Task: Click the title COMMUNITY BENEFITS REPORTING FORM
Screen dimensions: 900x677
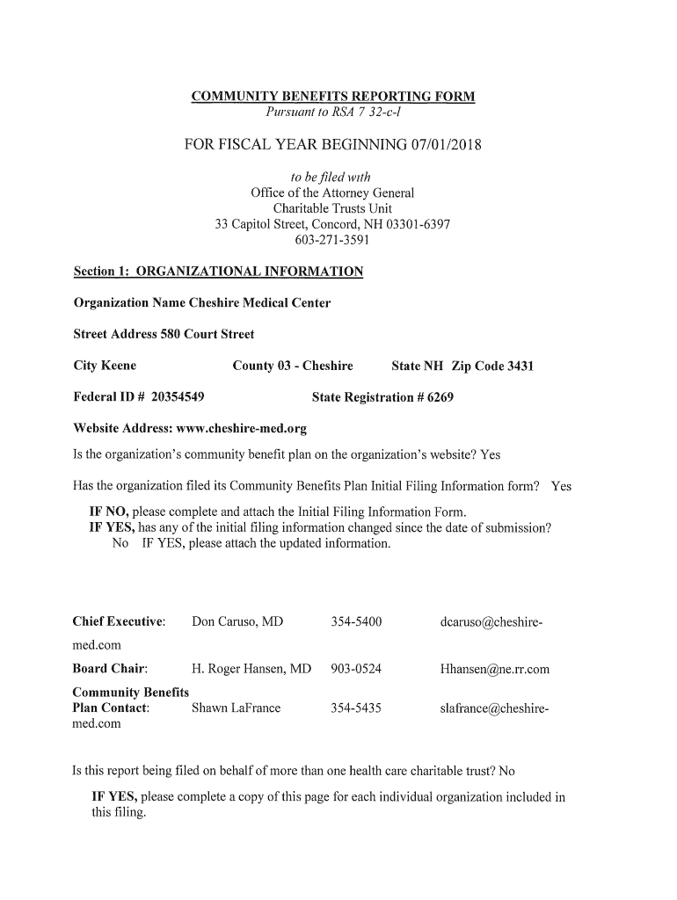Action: point(333,97)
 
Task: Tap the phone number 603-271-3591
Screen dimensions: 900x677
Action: point(332,240)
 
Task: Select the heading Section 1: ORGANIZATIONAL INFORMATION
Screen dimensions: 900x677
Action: point(217,272)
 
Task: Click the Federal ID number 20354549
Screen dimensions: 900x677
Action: point(178,397)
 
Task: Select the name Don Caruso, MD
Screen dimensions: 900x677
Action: point(237,622)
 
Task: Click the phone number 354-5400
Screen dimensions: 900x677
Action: point(356,622)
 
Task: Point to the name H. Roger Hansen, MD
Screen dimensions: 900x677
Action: point(251,669)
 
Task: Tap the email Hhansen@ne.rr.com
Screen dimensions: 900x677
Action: point(494,669)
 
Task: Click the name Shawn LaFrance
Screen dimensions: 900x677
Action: point(236,708)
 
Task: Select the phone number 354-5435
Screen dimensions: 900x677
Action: point(356,708)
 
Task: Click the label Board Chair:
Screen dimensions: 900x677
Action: point(110,669)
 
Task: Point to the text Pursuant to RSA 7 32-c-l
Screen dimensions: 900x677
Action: point(333,112)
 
